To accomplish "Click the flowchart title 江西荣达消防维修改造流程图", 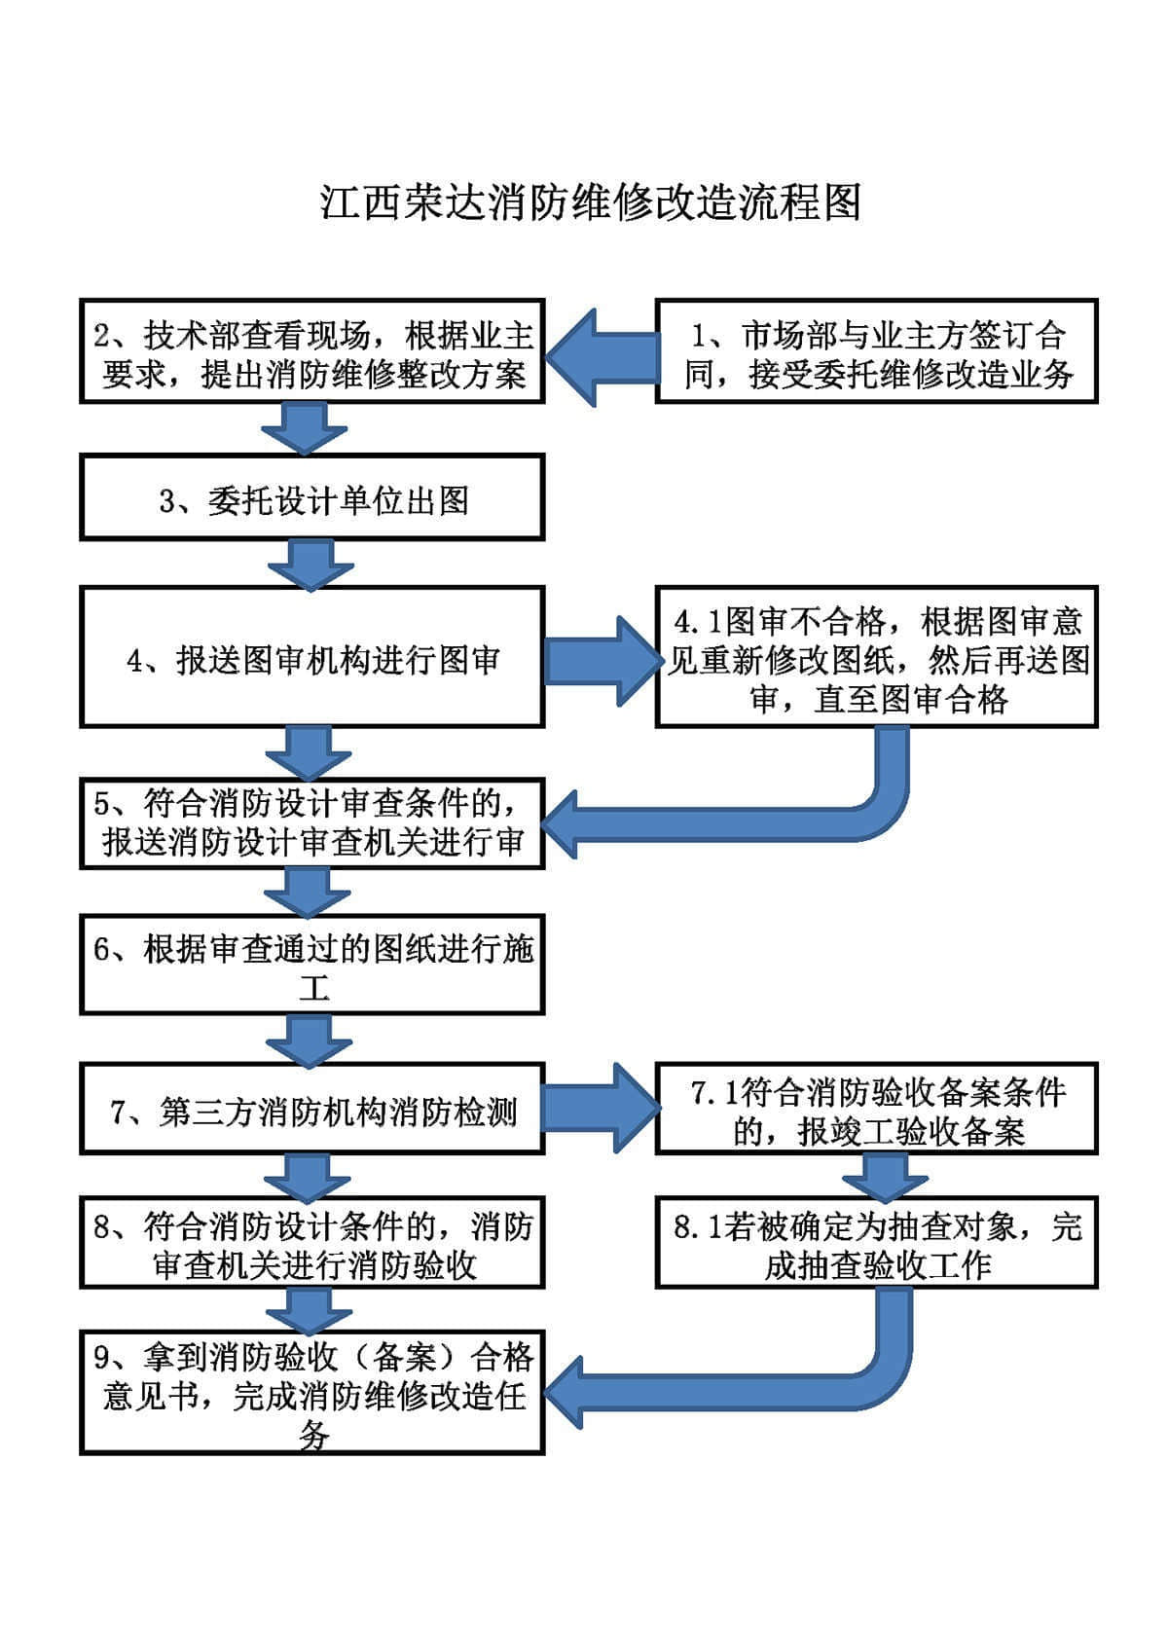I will [x=590, y=202].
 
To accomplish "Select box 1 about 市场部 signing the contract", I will [x=876, y=351].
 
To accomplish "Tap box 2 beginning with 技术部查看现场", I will [x=311, y=351].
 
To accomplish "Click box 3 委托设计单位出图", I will [x=311, y=500].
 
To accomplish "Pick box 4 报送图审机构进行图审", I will [x=311, y=658].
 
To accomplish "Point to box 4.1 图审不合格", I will [x=876, y=658].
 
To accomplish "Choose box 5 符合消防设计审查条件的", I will [x=311, y=822].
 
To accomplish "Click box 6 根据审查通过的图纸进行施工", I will [x=311, y=964].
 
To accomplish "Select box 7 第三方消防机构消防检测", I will [x=311, y=1110].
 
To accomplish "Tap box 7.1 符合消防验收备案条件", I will [x=876, y=1110].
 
